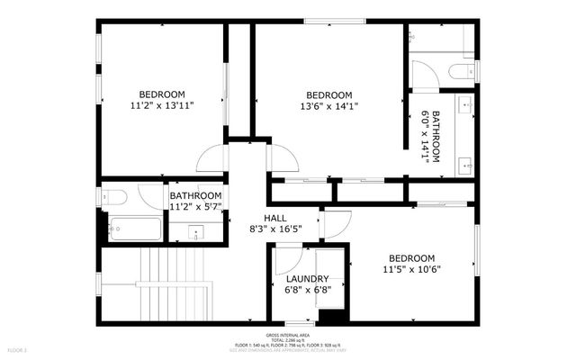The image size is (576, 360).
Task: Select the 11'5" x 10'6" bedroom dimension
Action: coord(411,269)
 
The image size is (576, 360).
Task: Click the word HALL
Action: coord(275,218)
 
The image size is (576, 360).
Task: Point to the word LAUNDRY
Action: coord(307,279)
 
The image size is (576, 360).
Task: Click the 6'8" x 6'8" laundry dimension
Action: coord(307,290)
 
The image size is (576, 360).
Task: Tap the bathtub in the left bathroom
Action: coord(135,229)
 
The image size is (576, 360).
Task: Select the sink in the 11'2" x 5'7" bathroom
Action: coord(196,233)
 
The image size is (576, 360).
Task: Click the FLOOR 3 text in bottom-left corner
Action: coord(18,349)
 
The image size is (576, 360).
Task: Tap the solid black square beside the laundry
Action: coord(333,315)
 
